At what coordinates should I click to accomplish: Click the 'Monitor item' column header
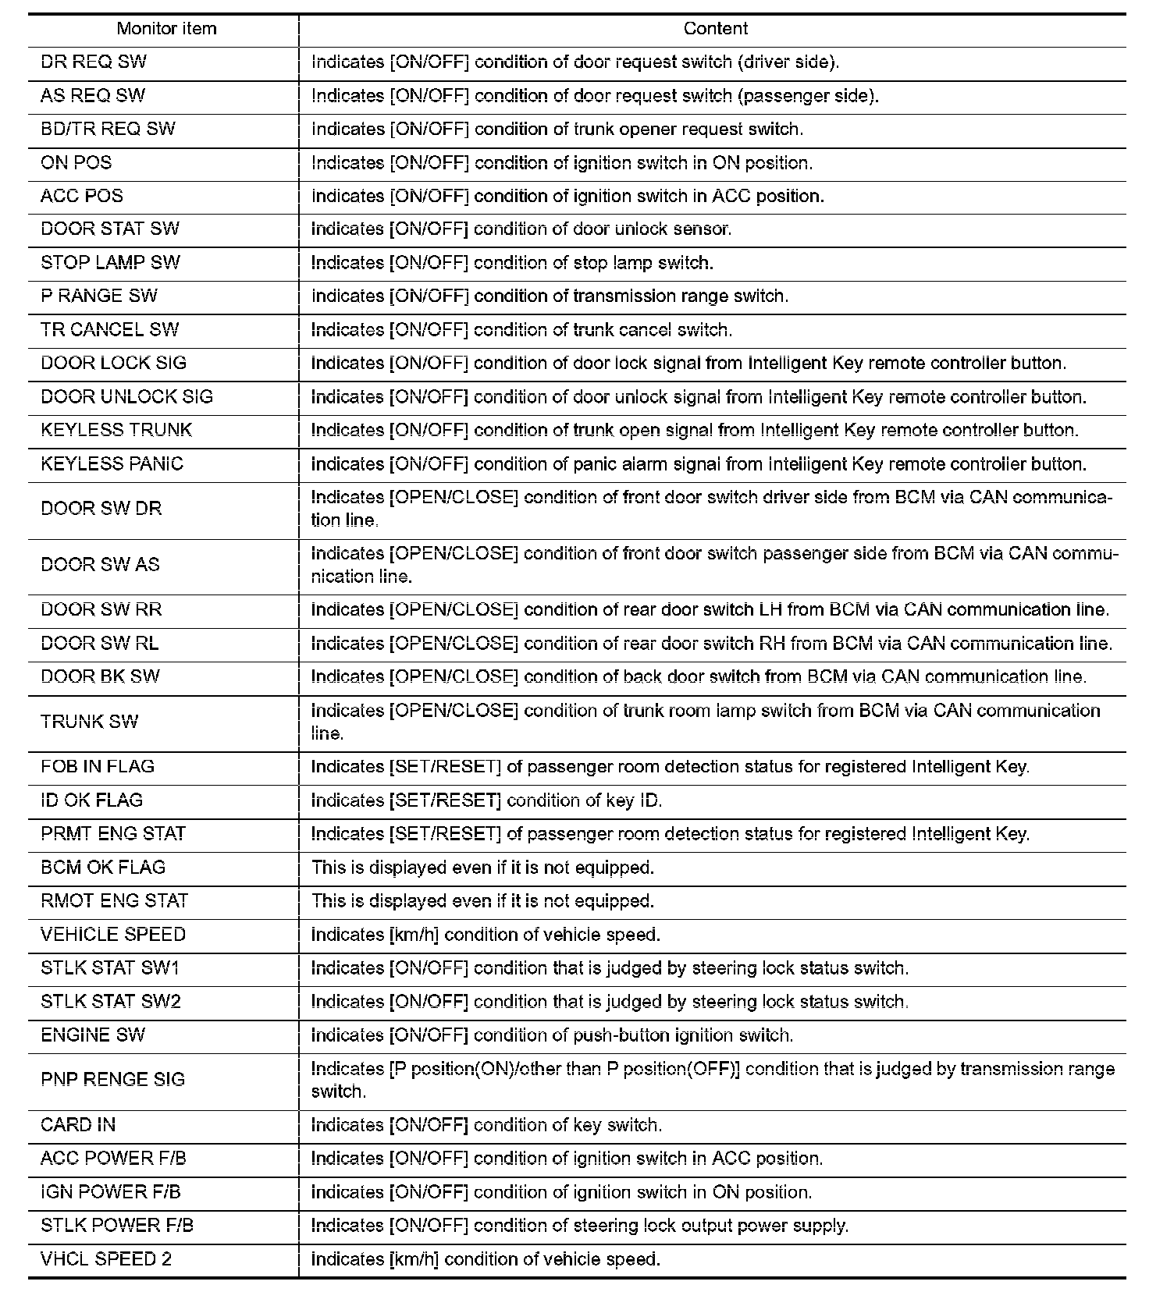(166, 29)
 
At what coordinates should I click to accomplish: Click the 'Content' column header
(715, 29)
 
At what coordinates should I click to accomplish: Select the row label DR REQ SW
(94, 62)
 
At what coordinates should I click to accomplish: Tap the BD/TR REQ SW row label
(108, 130)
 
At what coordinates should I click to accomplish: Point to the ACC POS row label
(82, 196)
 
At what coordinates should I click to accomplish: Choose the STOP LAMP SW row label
(110, 263)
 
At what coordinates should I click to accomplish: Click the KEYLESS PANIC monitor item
(112, 464)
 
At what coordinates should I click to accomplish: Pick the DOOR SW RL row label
(99, 644)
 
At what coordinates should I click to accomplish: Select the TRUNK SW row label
(89, 722)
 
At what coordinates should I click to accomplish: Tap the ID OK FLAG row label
(91, 800)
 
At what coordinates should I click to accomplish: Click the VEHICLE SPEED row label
(113, 935)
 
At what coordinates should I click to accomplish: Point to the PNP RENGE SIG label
(112, 1080)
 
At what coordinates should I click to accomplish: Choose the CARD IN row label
(78, 1125)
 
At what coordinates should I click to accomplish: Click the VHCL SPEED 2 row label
(106, 1259)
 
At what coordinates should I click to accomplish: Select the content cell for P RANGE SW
(550, 296)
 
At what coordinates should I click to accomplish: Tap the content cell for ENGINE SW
(552, 1035)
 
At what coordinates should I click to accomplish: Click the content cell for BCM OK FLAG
(482, 868)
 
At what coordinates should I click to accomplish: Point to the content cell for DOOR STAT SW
(521, 229)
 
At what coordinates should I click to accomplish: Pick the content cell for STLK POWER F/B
(579, 1226)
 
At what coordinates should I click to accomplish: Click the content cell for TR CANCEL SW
(521, 330)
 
